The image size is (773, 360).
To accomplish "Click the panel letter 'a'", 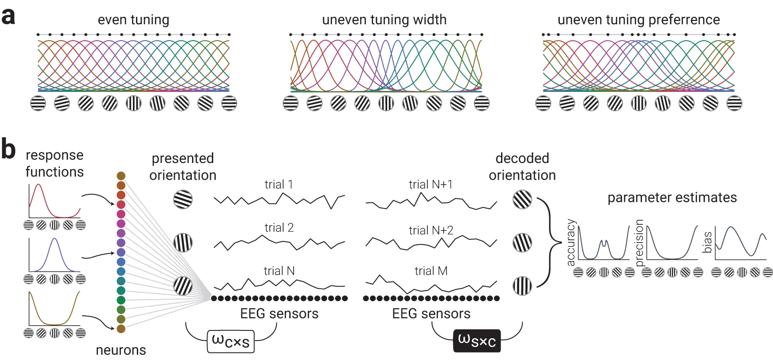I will (x=8, y=17).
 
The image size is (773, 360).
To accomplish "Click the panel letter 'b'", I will (x=8, y=149).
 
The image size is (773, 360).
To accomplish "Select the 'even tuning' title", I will (x=133, y=20).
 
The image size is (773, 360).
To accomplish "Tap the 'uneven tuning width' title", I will (x=384, y=20).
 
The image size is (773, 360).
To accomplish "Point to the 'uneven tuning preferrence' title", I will (x=638, y=20).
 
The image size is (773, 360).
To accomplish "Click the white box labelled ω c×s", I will (x=230, y=341).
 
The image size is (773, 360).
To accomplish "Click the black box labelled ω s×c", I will (x=477, y=341).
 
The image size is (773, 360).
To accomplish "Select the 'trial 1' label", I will (x=279, y=184).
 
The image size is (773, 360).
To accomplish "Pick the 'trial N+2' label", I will (x=431, y=230).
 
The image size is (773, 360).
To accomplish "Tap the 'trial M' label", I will (x=431, y=271).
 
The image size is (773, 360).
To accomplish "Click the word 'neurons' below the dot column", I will (x=121, y=350).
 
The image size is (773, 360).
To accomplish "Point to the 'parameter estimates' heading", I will (x=672, y=197).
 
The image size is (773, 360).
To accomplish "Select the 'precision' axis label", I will (x=639, y=243).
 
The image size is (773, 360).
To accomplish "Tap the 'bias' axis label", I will (x=707, y=242).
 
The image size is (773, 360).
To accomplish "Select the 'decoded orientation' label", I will (x=522, y=167).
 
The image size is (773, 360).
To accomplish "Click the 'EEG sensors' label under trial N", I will (x=279, y=314).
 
